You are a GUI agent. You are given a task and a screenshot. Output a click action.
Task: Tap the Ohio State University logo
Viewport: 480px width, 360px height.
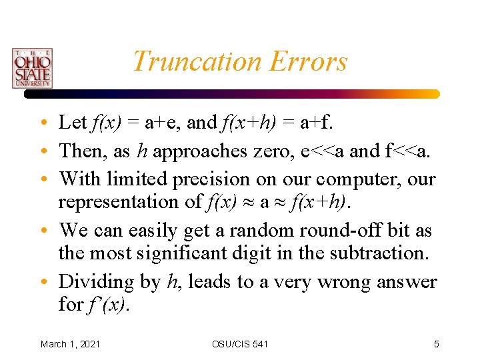pyautogui.click(x=31, y=68)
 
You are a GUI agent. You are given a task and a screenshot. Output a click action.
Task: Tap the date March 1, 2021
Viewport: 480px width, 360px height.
pyautogui.click(x=71, y=344)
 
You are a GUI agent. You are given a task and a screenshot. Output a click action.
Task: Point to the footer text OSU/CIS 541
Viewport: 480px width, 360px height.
pyautogui.click(x=240, y=344)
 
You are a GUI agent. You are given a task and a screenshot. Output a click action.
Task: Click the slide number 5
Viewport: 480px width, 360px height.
pyautogui.click(x=436, y=344)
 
